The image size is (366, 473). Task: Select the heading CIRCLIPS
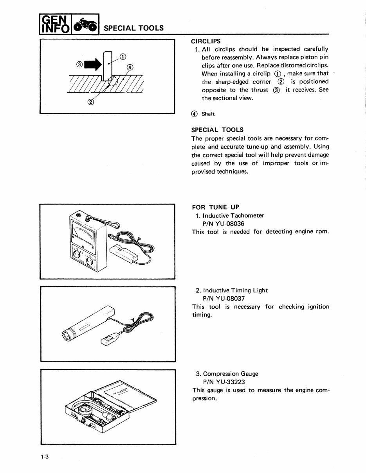(x=206, y=41)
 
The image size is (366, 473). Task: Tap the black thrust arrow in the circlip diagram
(x=93, y=63)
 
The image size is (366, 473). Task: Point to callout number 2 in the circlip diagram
(x=91, y=102)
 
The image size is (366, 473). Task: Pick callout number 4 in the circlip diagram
(x=130, y=67)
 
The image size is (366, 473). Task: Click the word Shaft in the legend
(x=208, y=114)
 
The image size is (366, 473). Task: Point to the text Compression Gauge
(x=231, y=374)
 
